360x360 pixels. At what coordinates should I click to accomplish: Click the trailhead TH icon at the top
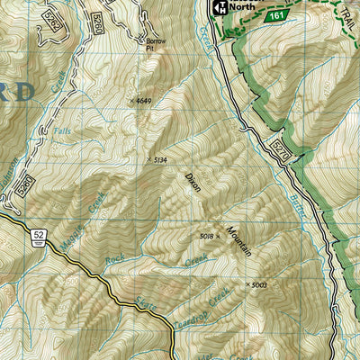point(218,8)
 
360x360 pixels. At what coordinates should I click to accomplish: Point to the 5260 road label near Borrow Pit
point(94,22)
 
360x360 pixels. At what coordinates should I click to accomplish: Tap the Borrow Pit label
point(157,45)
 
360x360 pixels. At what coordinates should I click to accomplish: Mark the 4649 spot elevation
point(141,101)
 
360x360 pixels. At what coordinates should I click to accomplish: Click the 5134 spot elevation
point(158,160)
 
